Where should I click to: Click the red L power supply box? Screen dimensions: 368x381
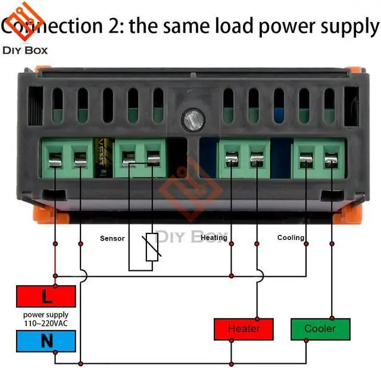46,296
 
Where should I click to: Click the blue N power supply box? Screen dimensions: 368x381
46,341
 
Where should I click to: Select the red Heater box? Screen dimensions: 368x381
243,329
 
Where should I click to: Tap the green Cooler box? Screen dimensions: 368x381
320,329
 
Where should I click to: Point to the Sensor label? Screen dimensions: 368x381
112,238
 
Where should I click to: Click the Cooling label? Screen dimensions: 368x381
291,238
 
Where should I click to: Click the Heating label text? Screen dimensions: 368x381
214,238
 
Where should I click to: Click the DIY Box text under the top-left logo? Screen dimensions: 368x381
25,50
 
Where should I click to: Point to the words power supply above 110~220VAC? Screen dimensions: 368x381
46,314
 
